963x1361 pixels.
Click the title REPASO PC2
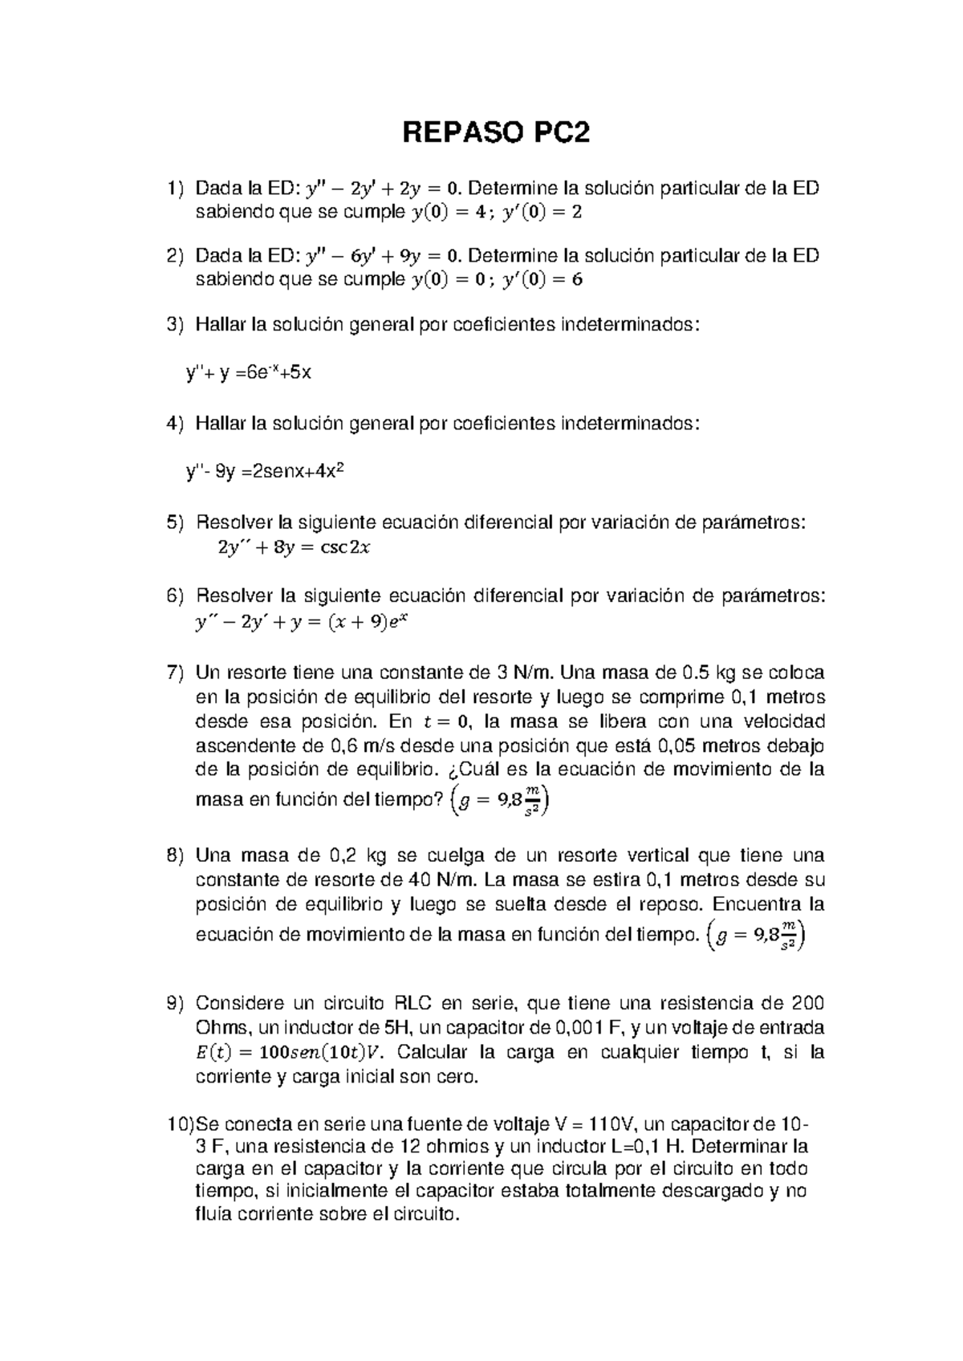(495, 133)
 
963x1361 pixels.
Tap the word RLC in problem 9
(415, 1003)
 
